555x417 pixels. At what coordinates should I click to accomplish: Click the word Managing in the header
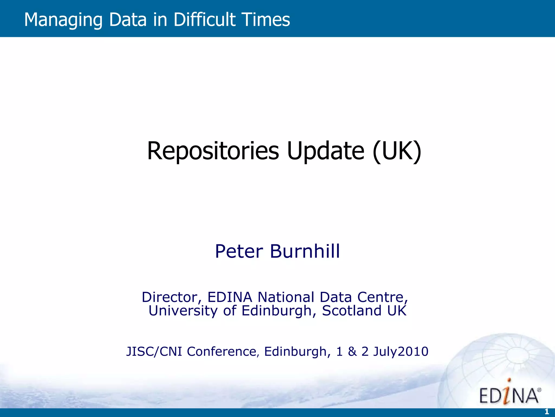coord(63,20)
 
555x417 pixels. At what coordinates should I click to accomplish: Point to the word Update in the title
coord(325,151)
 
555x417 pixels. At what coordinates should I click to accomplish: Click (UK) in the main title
coord(397,151)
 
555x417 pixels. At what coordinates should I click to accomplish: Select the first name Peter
coord(239,251)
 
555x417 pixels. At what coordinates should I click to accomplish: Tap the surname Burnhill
coord(305,251)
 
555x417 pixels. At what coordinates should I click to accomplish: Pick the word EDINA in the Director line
coord(230,297)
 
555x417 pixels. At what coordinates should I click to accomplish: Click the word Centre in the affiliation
coord(382,297)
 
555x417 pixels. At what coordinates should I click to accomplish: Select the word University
coord(183,311)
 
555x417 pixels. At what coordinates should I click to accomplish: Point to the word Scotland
coord(352,311)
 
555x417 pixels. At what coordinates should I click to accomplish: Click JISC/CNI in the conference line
coord(154,352)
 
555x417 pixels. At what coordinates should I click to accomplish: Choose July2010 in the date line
coord(401,352)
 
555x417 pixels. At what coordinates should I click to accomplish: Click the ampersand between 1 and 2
coord(352,352)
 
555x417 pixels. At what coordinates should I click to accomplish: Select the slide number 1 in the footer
coord(547,412)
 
